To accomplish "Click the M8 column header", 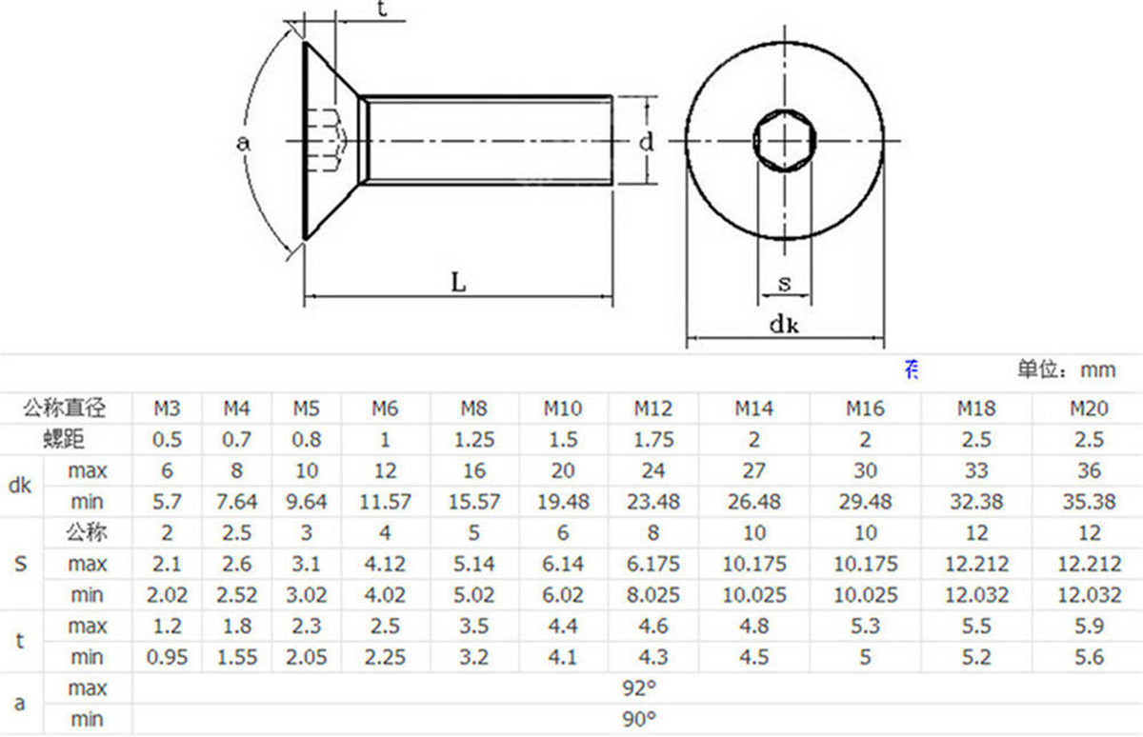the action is pos(474,408).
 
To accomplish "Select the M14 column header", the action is pos(753,408).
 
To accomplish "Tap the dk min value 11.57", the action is pos(385,502).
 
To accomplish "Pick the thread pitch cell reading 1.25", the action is pos(474,440).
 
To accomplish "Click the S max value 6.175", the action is pos(653,564).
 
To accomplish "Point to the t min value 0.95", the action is pos(167,657).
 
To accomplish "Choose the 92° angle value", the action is pos(639,688).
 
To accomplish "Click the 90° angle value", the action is pos(639,720).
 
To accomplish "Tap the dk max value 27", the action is pos(753,470).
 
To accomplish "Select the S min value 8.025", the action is pos(653,595).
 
